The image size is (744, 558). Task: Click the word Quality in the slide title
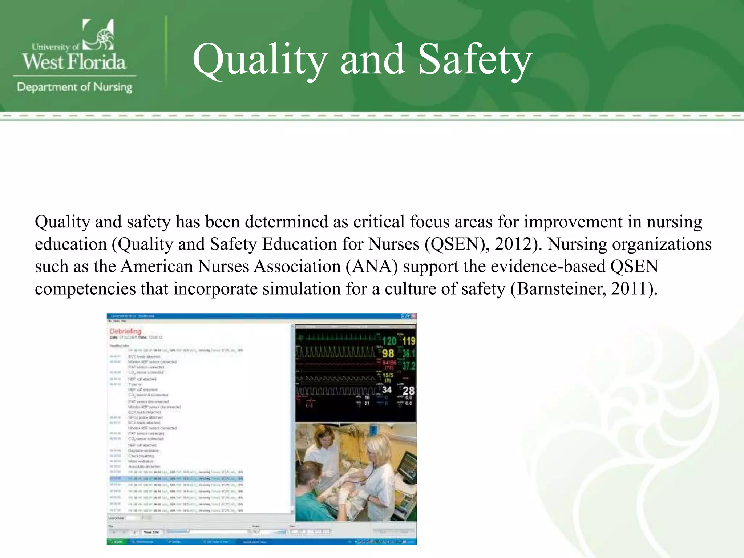(x=260, y=60)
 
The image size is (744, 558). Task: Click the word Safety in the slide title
(x=475, y=60)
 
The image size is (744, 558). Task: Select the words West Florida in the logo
(x=74, y=62)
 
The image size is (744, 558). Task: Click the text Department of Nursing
(x=74, y=87)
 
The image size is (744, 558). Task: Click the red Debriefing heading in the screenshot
(x=125, y=331)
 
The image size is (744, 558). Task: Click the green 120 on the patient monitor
(x=389, y=341)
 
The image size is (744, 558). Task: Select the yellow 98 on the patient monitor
(x=388, y=353)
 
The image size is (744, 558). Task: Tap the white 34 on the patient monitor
(x=387, y=390)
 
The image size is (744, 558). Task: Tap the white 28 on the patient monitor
(x=408, y=391)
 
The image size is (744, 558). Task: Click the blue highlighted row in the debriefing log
(x=177, y=478)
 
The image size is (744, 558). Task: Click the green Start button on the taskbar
(x=117, y=542)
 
